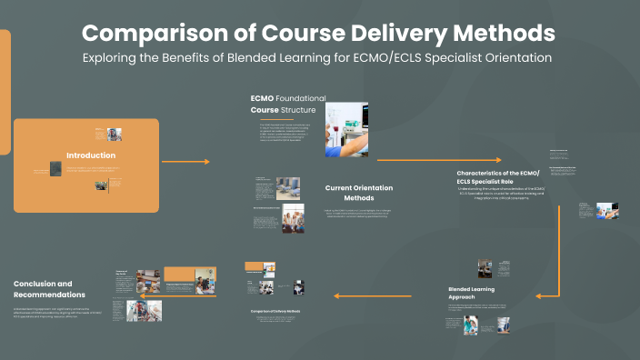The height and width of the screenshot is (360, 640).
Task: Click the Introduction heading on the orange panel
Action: (91, 155)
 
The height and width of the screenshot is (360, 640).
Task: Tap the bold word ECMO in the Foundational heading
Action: (263, 98)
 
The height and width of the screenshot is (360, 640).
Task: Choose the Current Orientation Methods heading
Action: (359, 193)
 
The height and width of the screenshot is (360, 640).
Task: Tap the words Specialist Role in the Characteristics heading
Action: (496, 181)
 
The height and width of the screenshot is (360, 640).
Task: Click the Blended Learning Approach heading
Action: (471, 293)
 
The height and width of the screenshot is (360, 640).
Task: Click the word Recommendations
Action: (49, 295)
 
